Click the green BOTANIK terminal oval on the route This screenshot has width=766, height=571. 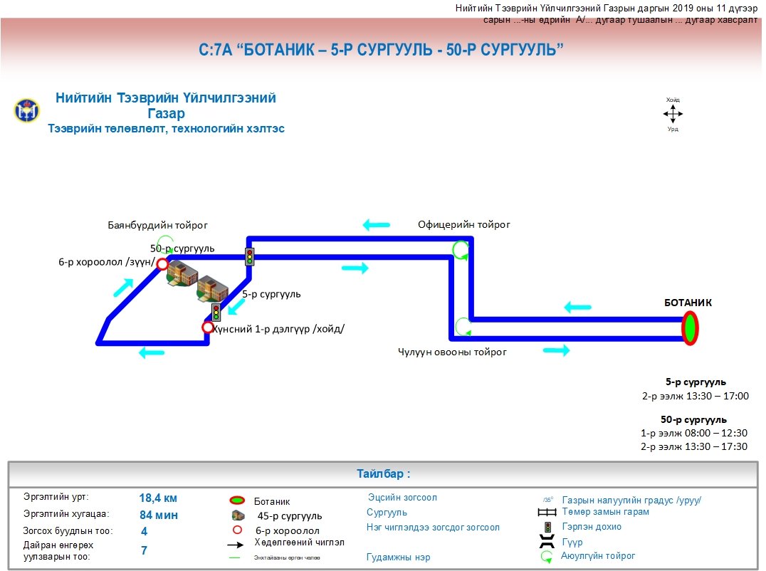tap(690, 328)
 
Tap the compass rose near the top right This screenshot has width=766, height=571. tap(673, 114)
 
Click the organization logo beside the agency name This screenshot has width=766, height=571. tap(27, 111)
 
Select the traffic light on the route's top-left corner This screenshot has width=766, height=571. tap(250, 257)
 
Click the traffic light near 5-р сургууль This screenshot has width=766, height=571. tap(216, 312)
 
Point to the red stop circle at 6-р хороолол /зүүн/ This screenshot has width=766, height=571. tap(162, 265)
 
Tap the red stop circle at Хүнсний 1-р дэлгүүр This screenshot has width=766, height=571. tap(208, 328)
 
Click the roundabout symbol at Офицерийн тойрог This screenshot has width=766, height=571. tap(461, 249)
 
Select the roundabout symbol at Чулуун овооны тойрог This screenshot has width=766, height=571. tap(463, 327)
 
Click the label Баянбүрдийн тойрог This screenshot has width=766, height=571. tap(157, 225)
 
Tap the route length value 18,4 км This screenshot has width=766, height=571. tap(158, 498)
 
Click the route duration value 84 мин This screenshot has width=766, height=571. tap(158, 515)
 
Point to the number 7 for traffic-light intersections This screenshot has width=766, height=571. tap(144, 550)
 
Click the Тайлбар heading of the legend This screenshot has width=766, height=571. tap(383, 473)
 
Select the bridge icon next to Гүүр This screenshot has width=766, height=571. tap(547, 543)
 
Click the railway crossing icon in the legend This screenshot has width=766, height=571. tap(547, 512)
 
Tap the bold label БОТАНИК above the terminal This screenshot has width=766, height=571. tap(687, 303)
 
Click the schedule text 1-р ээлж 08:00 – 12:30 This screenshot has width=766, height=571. tap(694, 433)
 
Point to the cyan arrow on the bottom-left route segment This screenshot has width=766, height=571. tap(152, 352)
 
